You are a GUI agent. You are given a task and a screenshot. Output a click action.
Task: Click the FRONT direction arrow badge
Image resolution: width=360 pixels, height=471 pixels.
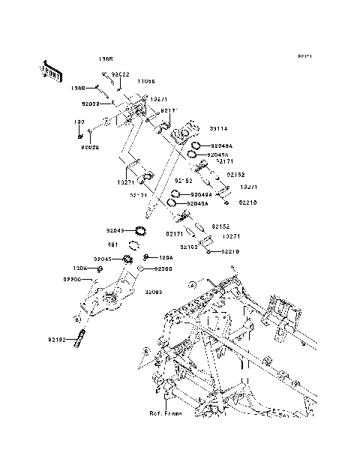[49, 70]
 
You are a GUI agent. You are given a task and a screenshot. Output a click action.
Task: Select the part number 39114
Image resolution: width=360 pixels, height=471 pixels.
[197, 127]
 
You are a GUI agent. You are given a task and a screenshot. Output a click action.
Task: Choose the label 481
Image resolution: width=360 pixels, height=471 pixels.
[112, 244]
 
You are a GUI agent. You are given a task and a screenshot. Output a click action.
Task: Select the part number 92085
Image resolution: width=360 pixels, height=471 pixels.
[154, 292]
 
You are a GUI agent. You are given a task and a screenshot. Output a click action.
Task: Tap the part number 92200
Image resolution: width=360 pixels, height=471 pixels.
[164, 268]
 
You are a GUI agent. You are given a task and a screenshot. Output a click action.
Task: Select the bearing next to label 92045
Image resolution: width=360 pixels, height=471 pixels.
[126, 259]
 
